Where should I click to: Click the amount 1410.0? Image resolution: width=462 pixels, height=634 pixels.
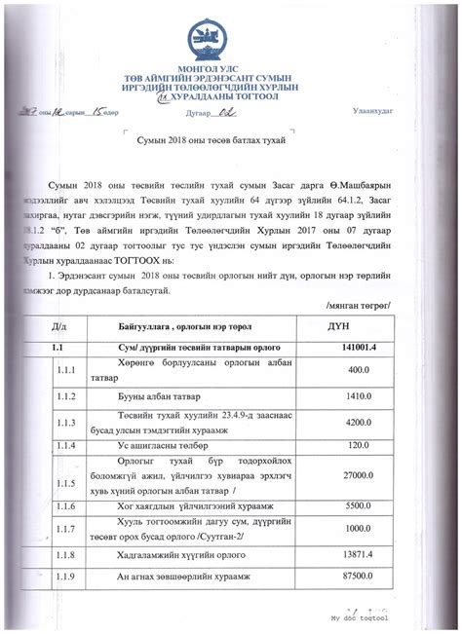click(x=357, y=396)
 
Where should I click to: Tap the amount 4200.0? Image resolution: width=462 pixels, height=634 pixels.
click(x=357, y=422)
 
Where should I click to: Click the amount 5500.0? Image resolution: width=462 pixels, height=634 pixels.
click(x=357, y=506)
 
